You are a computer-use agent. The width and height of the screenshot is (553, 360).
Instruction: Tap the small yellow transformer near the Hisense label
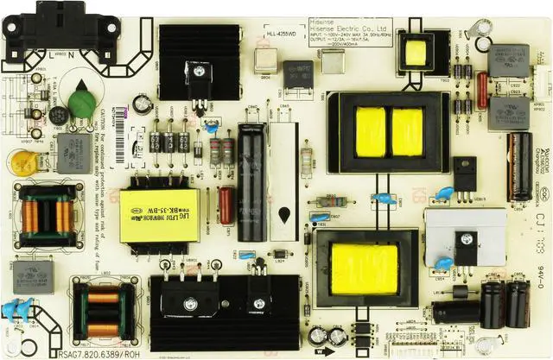pos(416,51)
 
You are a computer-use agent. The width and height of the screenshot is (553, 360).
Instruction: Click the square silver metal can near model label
pos(332,61)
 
